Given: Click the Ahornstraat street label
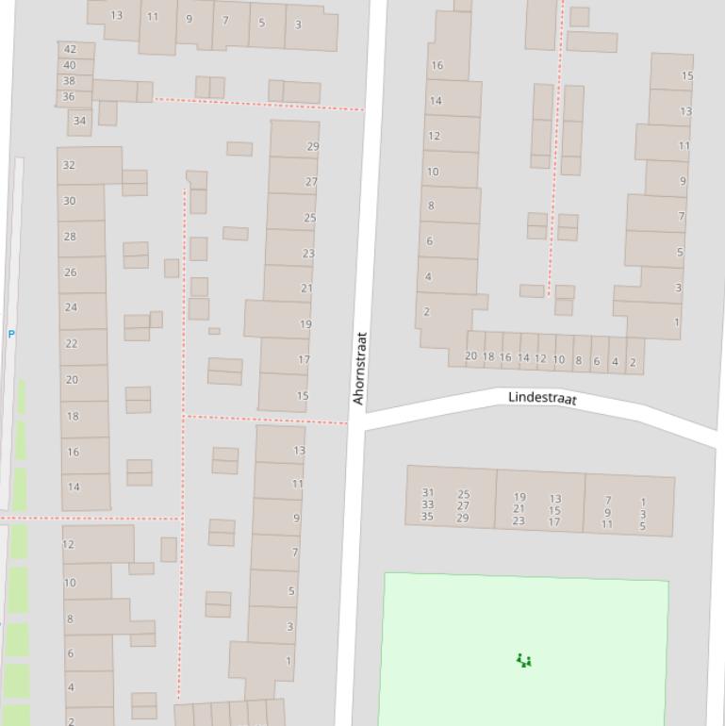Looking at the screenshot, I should pyautogui.click(x=359, y=368).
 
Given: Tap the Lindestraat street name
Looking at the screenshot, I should pyautogui.click(x=542, y=398).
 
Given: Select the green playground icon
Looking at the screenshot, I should pyautogui.click(x=524, y=661).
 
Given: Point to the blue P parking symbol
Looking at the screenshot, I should pyautogui.click(x=11, y=334).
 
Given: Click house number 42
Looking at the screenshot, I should pyautogui.click(x=70, y=49).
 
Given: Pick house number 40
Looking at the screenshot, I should pyautogui.click(x=69, y=66).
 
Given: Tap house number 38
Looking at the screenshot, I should pyautogui.click(x=69, y=81).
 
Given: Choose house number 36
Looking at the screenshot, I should pyautogui.click(x=69, y=97).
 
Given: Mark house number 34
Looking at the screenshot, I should pyautogui.click(x=79, y=121).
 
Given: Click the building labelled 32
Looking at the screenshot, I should pyautogui.click(x=69, y=165).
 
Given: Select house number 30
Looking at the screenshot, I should pyautogui.click(x=70, y=201).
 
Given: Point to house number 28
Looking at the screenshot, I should pyautogui.click(x=70, y=237).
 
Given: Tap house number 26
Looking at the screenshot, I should pyautogui.click(x=71, y=272).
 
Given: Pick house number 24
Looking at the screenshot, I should pyautogui.click(x=71, y=307).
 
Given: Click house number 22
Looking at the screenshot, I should pyautogui.click(x=72, y=344).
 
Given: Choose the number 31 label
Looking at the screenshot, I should pyautogui.click(x=428, y=493).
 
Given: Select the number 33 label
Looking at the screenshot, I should pyautogui.click(x=428, y=504).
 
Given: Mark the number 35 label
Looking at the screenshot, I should pyautogui.click(x=428, y=517).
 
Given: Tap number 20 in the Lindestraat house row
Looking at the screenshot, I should pyautogui.click(x=471, y=356).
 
